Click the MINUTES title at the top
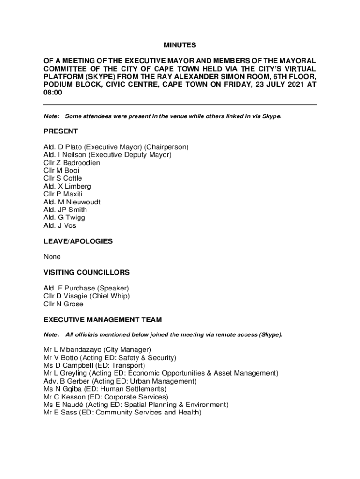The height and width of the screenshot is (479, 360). pyautogui.click(x=180, y=45)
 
